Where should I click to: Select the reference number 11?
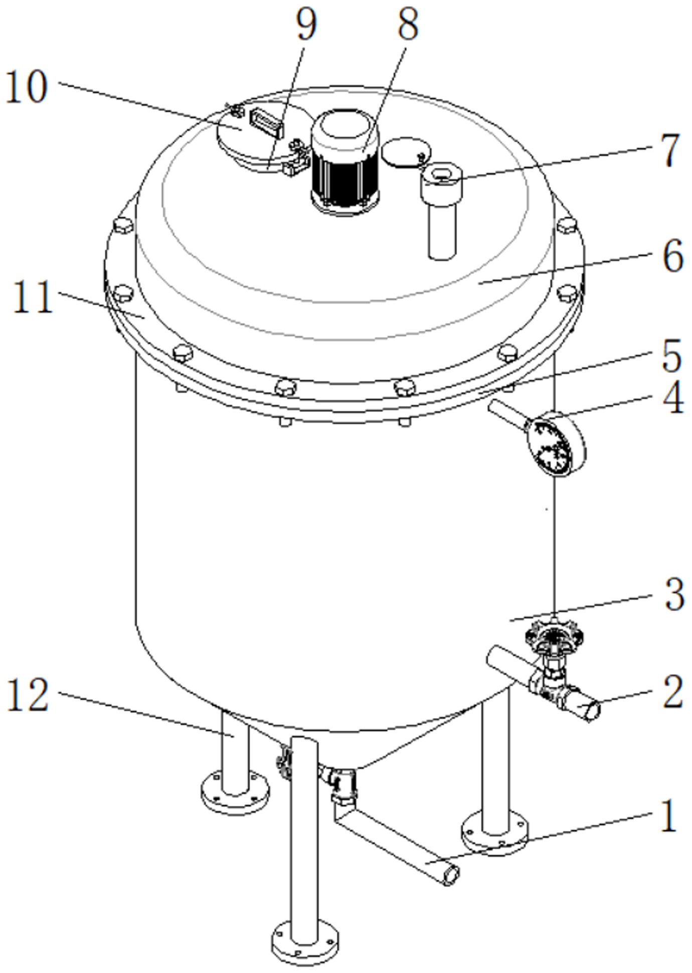[32, 297]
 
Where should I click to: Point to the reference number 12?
[28, 695]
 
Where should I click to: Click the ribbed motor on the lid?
[345, 161]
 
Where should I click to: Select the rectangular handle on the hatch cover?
[267, 122]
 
